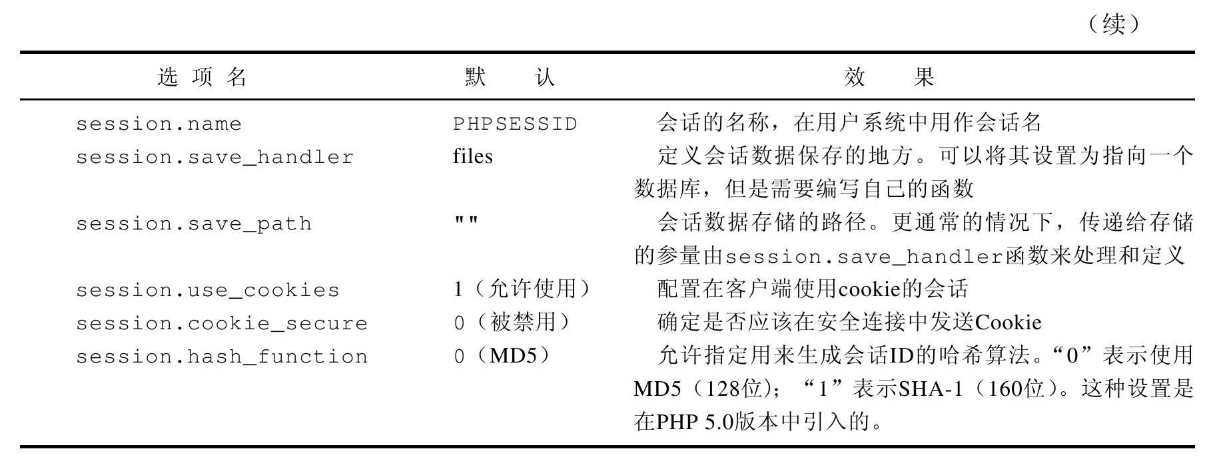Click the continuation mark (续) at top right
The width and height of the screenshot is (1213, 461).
(x=1114, y=25)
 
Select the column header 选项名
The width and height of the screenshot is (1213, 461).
(x=202, y=77)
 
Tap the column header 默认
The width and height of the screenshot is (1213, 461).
(x=510, y=77)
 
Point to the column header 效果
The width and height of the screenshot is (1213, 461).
(x=889, y=77)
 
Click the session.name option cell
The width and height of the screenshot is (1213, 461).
(x=159, y=124)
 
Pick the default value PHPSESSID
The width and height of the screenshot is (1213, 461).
(x=515, y=124)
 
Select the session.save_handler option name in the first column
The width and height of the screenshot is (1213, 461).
(x=214, y=158)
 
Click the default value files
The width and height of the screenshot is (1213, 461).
(x=473, y=156)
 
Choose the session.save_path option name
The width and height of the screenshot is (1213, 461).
(x=194, y=224)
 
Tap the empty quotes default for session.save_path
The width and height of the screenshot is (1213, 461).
(x=466, y=220)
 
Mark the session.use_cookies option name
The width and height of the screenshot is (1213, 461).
(x=208, y=291)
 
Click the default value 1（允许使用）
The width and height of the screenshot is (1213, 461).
(x=522, y=289)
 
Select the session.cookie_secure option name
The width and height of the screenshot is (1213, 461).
(x=222, y=324)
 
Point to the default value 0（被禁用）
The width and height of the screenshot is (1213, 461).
(x=512, y=323)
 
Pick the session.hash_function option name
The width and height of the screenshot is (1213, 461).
(x=222, y=357)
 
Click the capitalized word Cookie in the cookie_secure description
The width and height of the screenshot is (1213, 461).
(x=1008, y=323)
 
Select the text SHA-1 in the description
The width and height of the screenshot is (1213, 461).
(x=931, y=389)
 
